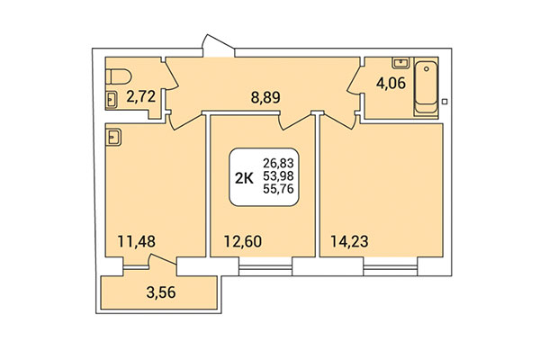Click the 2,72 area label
point(143,93)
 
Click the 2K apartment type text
point(243,176)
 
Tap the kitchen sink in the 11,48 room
point(113,137)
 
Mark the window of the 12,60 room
point(266,266)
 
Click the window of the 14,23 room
point(391,266)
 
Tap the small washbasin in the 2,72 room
point(112,99)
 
